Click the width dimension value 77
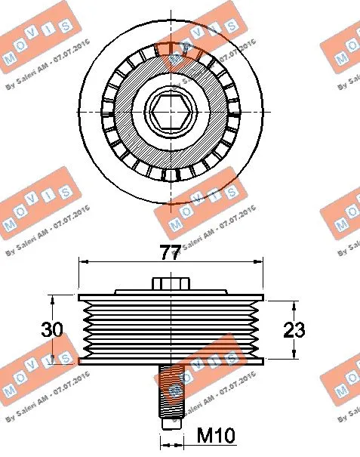pos(171,253)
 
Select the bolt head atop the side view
pos(171,283)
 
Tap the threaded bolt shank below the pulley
pos(172,393)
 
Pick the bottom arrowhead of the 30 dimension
pos(53,360)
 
